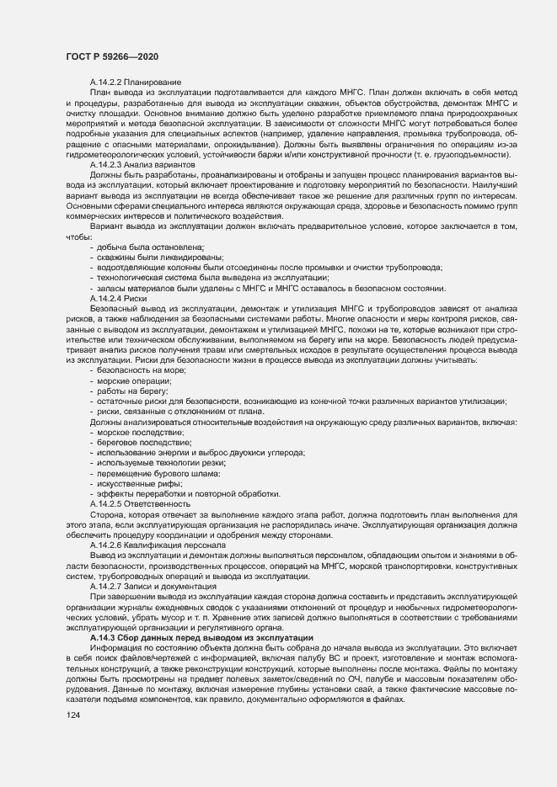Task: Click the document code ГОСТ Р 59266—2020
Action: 112,56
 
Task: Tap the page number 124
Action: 73,715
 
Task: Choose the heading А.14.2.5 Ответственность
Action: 146,503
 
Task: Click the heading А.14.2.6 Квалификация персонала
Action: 158,545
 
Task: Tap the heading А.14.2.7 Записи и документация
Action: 154,586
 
